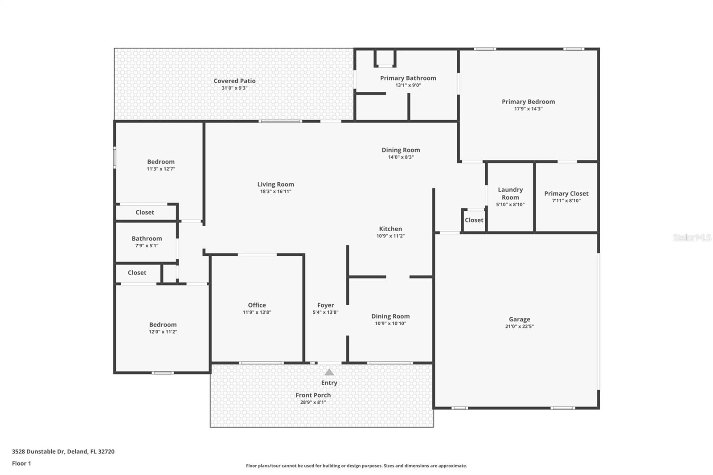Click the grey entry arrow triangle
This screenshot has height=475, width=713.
[329, 372]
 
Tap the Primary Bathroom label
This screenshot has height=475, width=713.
[408, 78]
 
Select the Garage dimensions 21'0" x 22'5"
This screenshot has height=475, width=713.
[520, 326]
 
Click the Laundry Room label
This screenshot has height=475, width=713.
[510, 193]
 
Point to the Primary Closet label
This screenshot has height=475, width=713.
[566, 193]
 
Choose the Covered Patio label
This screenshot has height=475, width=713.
[234, 81]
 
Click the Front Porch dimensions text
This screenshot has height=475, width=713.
[313, 402]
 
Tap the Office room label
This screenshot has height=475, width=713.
[257, 305]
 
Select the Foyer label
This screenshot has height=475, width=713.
[326, 305]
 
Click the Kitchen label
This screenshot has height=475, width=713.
[390, 229]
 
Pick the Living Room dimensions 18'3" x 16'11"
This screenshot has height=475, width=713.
[276, 191]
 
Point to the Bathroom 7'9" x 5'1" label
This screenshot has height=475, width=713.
[147, 238]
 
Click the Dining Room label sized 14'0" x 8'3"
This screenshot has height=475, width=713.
[401, 150]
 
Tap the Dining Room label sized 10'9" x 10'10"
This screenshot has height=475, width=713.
[390, 316]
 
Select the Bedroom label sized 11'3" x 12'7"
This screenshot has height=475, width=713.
[161, 162]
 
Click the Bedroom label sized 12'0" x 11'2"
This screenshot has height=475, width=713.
[163, 325]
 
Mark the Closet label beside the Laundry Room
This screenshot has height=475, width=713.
[474, 220]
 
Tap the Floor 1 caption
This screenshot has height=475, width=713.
[21, 463]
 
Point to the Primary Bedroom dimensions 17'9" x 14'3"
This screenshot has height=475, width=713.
[529, 109]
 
